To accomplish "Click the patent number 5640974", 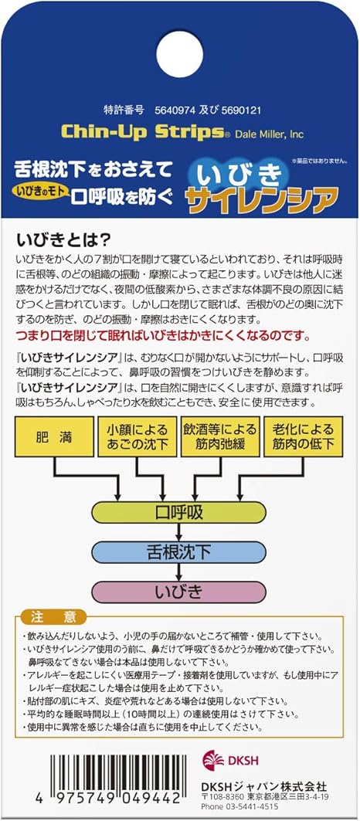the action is [175, 110].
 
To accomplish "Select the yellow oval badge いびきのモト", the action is [41, 191].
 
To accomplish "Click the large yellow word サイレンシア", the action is [260, 199].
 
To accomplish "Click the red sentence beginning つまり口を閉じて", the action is [164, 334].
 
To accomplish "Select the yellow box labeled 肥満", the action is [56, 436].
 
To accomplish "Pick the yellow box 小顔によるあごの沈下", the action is [138, 436].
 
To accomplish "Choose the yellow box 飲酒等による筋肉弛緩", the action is [220, 436].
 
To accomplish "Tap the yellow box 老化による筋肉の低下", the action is [303, 436].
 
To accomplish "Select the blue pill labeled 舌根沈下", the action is [178, 552].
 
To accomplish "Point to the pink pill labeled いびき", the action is [178, 592].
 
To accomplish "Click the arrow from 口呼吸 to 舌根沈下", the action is [178, 532].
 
